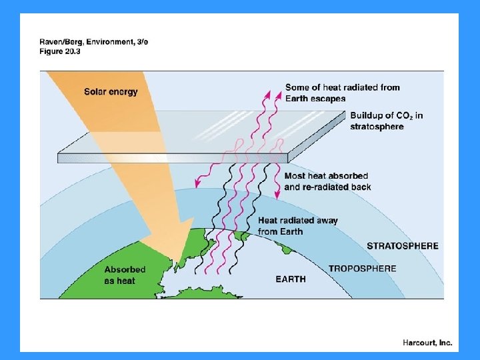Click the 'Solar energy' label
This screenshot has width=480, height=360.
(111, 91)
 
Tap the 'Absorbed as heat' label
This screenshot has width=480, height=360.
(124, 275)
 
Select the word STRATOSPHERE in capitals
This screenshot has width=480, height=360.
(402, 246)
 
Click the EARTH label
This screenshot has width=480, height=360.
(291, 279)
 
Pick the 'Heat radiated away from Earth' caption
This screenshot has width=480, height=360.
(297, 226)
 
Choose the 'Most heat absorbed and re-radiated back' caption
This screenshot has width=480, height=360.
(327, 181)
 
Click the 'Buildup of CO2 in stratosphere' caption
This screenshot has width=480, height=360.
(386, 121)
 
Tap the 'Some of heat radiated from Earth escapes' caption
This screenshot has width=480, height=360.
(342, 93)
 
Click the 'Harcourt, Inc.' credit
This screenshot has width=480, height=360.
(427, 343)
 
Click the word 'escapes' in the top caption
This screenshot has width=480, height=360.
(328, 99)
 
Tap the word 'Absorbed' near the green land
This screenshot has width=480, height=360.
(125, 270)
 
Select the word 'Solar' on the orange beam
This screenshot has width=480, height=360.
(95, 91)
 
